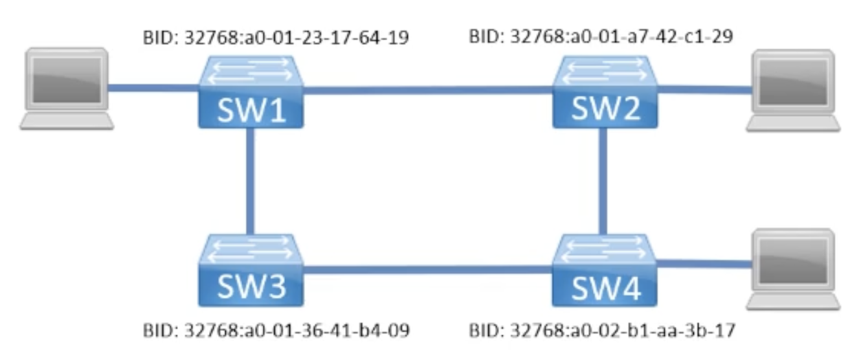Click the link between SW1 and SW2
tap(427, 91)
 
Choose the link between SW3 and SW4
tap(427, 267)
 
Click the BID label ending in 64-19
tap(275, 37)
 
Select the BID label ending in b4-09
tap(275, 332)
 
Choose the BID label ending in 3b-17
tap(602, 332)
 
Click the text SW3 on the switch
tap(251, 286)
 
